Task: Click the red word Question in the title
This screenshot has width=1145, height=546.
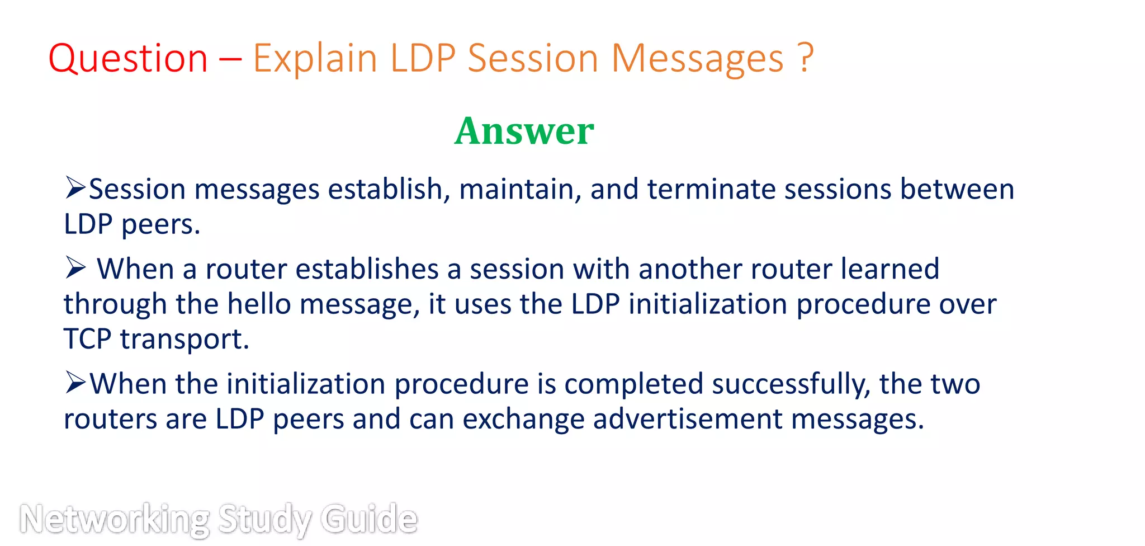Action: [128, 59]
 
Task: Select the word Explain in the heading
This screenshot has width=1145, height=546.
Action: [315, 59]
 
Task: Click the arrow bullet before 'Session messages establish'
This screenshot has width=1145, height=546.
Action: [75, 187]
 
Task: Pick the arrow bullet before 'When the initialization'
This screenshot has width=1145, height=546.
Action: [75, 383]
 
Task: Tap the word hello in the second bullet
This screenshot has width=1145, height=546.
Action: [259, 305]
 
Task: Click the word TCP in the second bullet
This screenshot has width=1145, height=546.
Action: [87, 340]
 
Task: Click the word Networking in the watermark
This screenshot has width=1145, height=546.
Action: [115, 519]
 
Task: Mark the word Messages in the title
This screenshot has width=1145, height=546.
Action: [697, 59]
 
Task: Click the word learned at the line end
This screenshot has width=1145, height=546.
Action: [889, 269]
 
